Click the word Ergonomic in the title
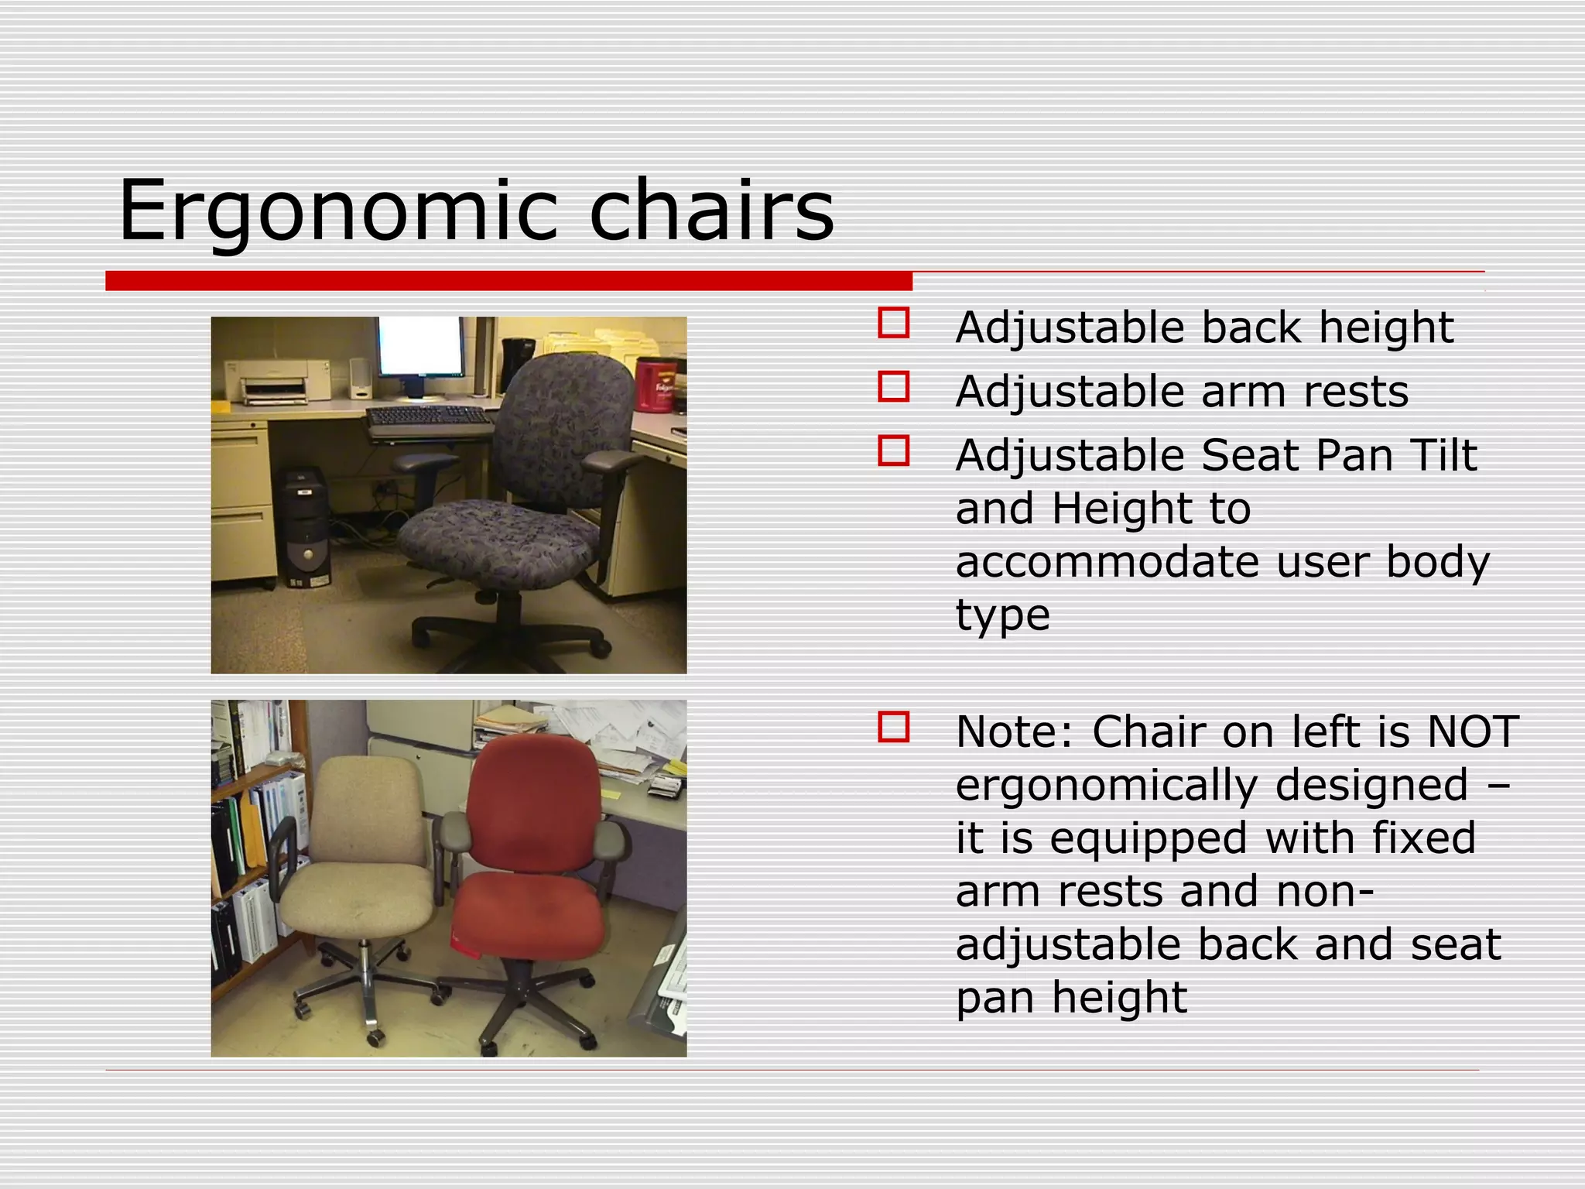tap(337, 211)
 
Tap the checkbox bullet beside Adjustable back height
tap(893, 323)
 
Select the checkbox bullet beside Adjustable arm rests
tap(893, 386)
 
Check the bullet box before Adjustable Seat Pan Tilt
tap(893, 451)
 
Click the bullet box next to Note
tap(893, 728)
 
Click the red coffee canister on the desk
tap(655, 385)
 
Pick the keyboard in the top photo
tap(428, 419)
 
